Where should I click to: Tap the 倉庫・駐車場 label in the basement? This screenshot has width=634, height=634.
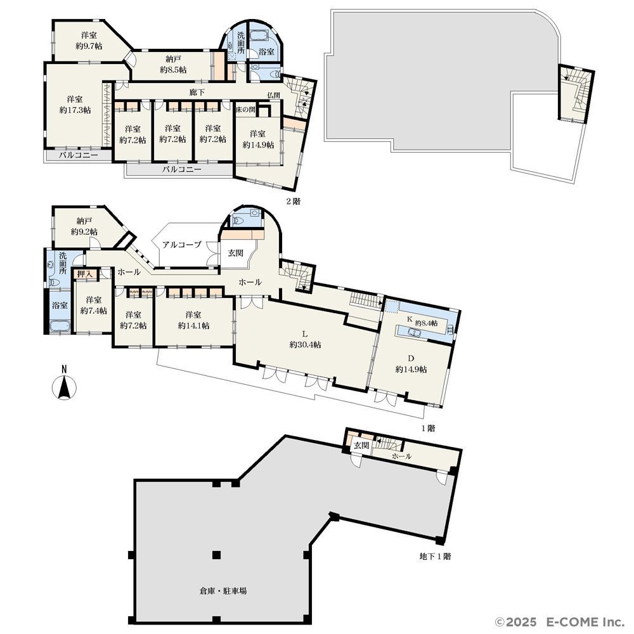point(223,591)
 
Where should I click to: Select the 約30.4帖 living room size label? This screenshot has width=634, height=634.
point(306,345)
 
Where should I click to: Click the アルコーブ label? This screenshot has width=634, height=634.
point(182,245)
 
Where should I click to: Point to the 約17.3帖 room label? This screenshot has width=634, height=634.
point(75,110)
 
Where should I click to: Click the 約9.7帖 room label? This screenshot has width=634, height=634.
point(89,46)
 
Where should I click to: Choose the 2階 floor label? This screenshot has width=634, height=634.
point(294,201)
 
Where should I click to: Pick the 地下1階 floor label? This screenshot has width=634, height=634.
point(435,557)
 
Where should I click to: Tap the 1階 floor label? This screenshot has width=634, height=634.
point(429,428)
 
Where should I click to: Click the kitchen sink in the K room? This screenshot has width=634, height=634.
point(415,332)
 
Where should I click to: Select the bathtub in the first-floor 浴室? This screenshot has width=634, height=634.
point(60,326)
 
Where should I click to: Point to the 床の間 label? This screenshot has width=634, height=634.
point(246,110)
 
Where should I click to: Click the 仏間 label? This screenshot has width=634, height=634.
point(273,95)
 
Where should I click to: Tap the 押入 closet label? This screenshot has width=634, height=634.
point(85,274)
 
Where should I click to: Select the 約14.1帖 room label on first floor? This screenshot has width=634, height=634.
point(193,325)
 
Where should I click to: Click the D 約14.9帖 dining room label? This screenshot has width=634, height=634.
point(411,364)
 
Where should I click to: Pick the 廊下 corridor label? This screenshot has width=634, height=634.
point(197,92)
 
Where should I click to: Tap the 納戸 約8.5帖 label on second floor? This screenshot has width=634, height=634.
point(173,65)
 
